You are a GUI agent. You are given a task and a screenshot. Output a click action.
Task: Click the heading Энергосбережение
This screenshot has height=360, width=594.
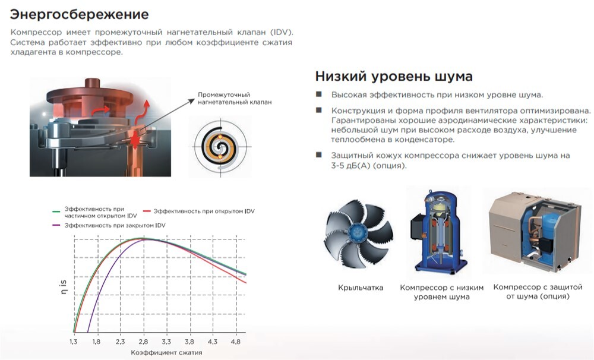pyautogui.click(x=79, y=14)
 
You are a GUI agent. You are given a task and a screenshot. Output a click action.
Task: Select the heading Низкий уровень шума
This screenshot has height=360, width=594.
pyautogui.click(x=394, y=76)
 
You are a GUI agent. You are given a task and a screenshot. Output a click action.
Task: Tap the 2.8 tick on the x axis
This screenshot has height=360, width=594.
pyautogui.click(x=143, y=342)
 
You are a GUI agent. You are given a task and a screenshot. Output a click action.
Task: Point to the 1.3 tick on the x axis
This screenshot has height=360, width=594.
pyautogui.click(x=74, y=342)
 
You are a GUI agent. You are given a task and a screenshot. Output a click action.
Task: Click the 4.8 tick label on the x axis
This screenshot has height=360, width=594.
pyautogui.click(x=236, y=342)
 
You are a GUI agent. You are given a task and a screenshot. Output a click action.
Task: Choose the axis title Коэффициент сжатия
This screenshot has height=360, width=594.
pyautogui.click(x=166, y=352)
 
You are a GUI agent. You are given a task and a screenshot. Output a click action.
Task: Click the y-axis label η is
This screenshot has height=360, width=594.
pyautogui.click(x=64, y=288)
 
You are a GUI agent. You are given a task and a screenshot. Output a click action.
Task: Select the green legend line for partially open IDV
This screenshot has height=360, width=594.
pyautogui.click(x=56, y=211)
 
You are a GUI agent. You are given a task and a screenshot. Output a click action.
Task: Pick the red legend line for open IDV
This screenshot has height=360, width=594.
pyautogui.click(x=147, y=211)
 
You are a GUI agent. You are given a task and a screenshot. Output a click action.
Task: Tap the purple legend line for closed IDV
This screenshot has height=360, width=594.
pyautogui.click(x=56, y=225)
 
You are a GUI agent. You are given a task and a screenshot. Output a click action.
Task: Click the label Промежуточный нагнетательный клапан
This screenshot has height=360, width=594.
pyautogui.click(x=235, y=99)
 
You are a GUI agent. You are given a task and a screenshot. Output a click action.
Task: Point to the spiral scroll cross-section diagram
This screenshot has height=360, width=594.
pyautogui.click(x=220, y=146)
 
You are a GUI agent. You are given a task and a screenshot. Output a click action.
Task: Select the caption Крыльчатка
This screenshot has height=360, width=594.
pyautogui.click(x=361, y=288)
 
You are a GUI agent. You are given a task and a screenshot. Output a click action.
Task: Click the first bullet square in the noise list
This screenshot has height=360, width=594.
pyautogui.click(x=319, y=94)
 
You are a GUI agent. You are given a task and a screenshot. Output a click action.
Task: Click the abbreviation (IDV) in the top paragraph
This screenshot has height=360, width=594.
pyautogui.click(x=282, y=32)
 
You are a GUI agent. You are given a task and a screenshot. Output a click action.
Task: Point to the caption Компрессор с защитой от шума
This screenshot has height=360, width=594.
pyautogui.click(x=538, y=292)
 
